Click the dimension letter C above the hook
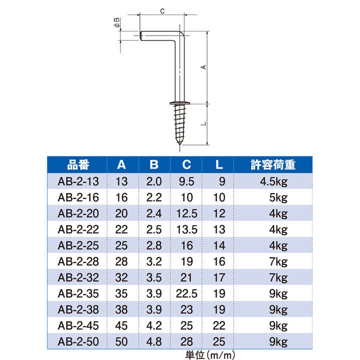tap(162, 11)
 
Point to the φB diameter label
tap(117, 23)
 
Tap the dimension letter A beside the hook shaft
tap(204, 67)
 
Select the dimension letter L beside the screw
tap(204, 123)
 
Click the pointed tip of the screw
tap(179, 144)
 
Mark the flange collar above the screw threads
tap(179, 103)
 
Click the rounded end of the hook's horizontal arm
tap(141, 36)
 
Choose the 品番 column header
tap(78, 165)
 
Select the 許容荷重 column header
tap(273, 165)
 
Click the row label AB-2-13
tap(78, 182)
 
